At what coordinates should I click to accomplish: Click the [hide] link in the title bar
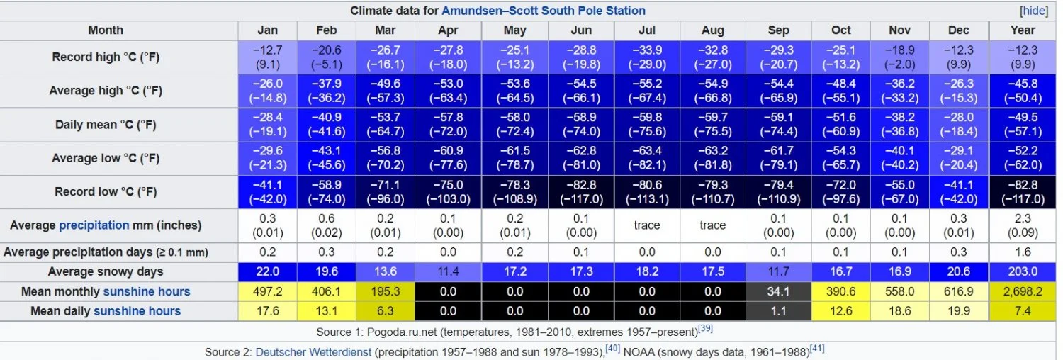click(x=1034, y=11)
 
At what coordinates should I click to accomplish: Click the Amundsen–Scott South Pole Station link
click(x=544, y=11)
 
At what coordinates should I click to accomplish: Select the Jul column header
click(x=646, y=30)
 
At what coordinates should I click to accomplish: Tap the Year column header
click(x=1023, y=30)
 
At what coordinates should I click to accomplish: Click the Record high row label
click(x=106, y=57)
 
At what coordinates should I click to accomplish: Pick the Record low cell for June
click(x=580, y=192)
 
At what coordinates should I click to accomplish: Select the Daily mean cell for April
click(x=448, y=125)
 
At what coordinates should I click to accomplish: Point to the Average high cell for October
click(x=841, y=91)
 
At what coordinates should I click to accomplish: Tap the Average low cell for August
click(x=713, y=158)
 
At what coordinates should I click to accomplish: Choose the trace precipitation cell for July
click(x=646, y=225)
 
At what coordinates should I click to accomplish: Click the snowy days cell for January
click(x=268, y=272)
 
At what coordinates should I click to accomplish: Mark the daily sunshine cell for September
click(x=778, y=311)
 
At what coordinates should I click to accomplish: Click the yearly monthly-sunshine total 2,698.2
click(x=1023, y=292)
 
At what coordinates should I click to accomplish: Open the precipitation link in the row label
click(x=94, y=225)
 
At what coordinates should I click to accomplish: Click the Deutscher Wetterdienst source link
click(x=313, y=351)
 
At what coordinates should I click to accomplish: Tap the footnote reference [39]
click(x=705, y=327)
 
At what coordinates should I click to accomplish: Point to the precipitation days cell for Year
click(x=1023, y=252)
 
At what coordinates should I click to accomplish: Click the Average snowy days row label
click(x=106, y=272)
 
